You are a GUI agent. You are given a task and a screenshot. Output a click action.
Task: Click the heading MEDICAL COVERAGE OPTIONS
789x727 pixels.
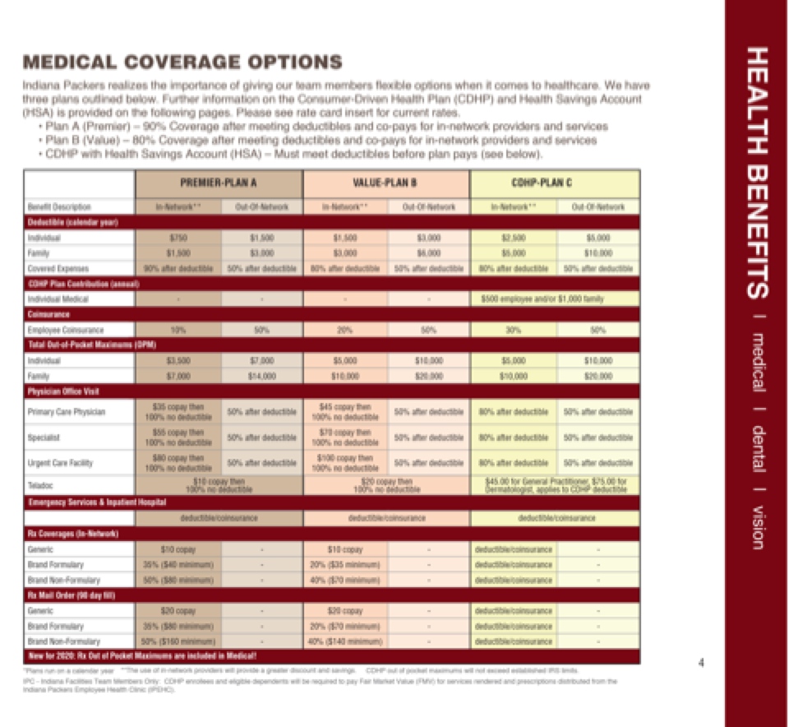pyautogui.click(x=182, y=63)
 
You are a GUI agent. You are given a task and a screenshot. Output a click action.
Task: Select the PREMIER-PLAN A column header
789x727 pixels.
pyautogui.click(x=219, y=183)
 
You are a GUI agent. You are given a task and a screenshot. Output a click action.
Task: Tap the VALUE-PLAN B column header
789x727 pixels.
pyautogui.click(x=385, y=183)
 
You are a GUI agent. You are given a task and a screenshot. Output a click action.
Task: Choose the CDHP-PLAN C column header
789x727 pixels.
pyautogui.click(x=555, y=183)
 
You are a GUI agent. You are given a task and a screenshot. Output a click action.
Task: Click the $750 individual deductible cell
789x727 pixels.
pyautogui.click(x=178, y=238)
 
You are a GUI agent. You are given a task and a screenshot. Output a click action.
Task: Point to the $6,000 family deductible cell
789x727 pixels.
pyautogui.click(x=427, y=253)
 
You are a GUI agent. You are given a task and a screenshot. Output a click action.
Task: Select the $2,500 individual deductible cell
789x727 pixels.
pyautogui.click(x=513, y=238)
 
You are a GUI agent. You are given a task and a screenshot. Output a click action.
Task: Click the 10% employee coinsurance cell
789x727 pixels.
pyautogui.click(x=178, y=330)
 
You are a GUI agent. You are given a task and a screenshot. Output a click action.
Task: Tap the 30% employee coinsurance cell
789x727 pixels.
pyautogui.click(x=513, y=330)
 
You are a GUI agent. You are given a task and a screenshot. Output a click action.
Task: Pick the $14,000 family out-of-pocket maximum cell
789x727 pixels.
pyautogui.click(x=261, y=376)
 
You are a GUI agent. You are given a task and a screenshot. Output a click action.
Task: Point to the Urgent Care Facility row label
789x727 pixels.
pyautogui.click(x=57, y=463)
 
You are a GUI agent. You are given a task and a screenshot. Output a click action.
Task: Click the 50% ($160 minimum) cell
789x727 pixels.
pyautogui.click(x=178, y=641)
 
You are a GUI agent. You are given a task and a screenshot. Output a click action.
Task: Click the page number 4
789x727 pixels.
pyautogui.click(x=700, y=664)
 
